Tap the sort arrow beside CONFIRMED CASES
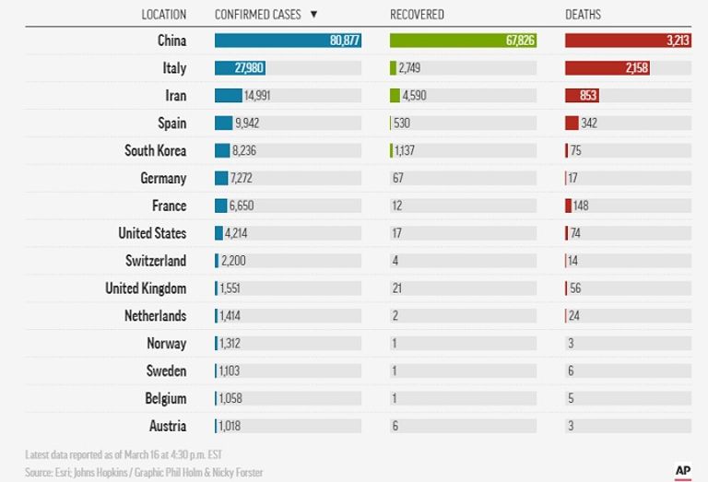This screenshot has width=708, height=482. click(x=314, y=15)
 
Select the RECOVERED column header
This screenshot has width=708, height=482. click(x=417, y=15)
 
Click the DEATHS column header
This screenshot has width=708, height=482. click(x=583, y=15)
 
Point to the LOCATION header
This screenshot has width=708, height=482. click(x=163, y=15)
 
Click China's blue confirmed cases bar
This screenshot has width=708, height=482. click(x=288, y=41)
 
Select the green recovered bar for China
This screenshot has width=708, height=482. click(x=463, y=41)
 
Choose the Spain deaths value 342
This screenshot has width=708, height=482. click(x=589, y=123)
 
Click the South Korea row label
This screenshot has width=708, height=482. click(x=155, y=151)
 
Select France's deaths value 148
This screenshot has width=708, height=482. click(x=589, y=206)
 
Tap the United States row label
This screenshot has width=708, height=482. click(x=152, y=234)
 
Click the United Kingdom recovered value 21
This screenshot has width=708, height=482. click(x=396, y=288)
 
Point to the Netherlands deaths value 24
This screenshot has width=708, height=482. click(x=573, y=316)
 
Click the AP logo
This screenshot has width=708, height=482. click(x=683, y=469)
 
